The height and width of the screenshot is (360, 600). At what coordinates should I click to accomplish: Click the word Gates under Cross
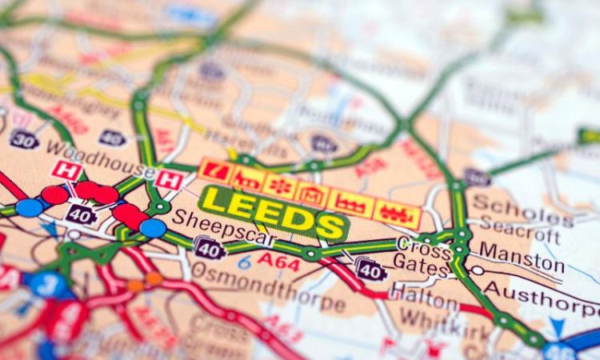coord(419,266)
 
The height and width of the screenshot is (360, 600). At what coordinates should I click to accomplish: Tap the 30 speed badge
coord(24,138)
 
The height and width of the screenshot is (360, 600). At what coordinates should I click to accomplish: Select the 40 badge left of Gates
coord(370,270)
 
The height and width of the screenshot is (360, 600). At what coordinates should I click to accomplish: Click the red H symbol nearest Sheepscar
coord(167,179)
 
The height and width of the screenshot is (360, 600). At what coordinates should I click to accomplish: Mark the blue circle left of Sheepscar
coord(153,228)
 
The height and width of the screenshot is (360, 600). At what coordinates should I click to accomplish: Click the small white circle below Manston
coord(478,271)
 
